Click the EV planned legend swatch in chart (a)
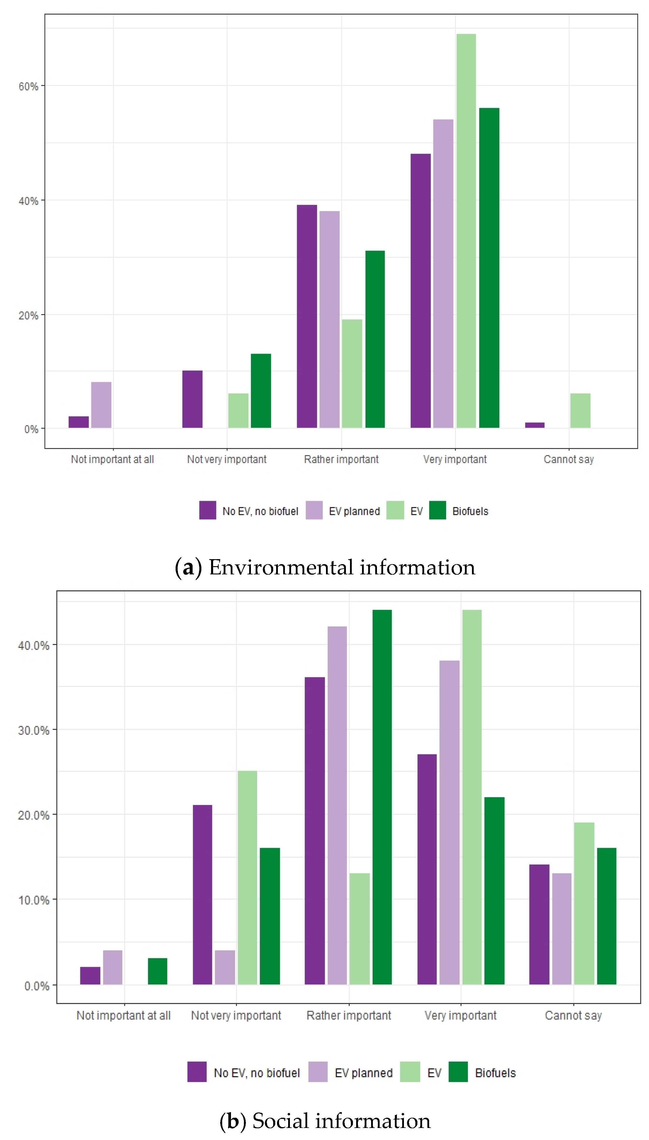click(314, 511)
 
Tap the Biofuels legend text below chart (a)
click(470, 511)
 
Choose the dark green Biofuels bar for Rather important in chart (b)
click(382, 797)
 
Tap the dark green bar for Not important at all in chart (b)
click(157, 971)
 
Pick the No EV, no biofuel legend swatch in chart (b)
click(197, 1072)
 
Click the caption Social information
click(325, 1121)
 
